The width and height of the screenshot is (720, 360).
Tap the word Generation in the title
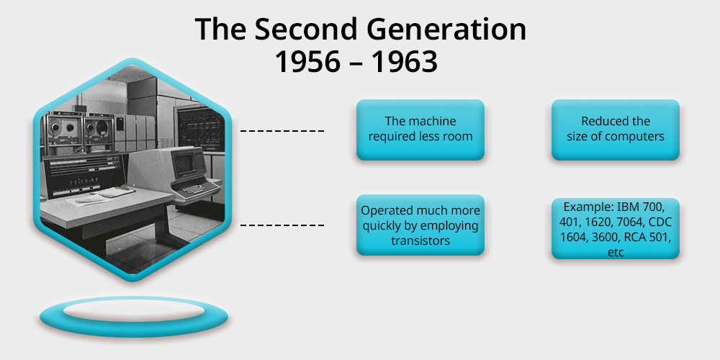pos(440,30)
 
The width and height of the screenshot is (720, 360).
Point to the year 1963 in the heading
pos(405,62)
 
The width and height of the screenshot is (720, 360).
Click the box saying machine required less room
pos(420,130)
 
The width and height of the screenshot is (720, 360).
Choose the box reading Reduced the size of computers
pos(615,130)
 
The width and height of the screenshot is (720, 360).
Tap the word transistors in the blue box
pos(420,240)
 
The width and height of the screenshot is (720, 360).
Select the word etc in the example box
pos(616,253)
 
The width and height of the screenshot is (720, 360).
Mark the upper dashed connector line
pos(282,131)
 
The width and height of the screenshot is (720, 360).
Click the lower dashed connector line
pos(282,225)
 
